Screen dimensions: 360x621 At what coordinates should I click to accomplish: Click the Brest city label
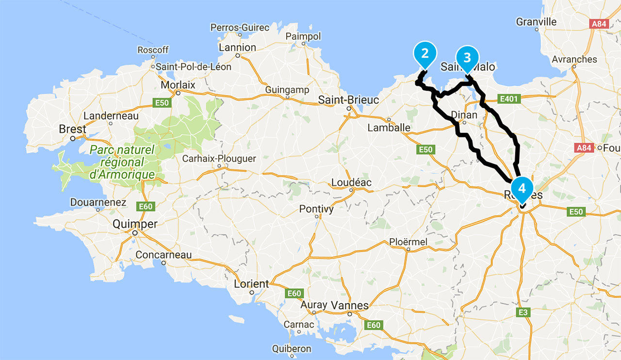click(72, 129)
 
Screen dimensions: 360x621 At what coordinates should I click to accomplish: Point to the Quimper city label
click(135, 224)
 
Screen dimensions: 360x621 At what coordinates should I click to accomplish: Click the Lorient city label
click(251, 284)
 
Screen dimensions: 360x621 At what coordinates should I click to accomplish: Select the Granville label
click(537, 22)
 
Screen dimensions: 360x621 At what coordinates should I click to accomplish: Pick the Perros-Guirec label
click(240, 28)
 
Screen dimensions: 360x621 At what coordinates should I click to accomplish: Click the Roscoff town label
click(153, 50)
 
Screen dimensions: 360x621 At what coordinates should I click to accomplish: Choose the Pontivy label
click(316, 209)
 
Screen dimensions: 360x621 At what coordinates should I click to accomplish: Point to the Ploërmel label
click(408, 242)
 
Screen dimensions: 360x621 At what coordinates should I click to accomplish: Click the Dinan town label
click(464, 115)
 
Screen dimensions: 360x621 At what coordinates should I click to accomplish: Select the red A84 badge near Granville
click(598, 23)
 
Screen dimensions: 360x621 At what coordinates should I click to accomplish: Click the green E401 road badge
click(509, 99)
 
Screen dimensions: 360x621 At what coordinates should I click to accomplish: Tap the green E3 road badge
click(523, 312)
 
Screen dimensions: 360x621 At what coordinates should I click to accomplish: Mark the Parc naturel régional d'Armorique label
click(122, 162)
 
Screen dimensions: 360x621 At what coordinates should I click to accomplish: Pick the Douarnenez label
click(98, 202)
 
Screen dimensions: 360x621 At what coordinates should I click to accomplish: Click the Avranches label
click(574, 59)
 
